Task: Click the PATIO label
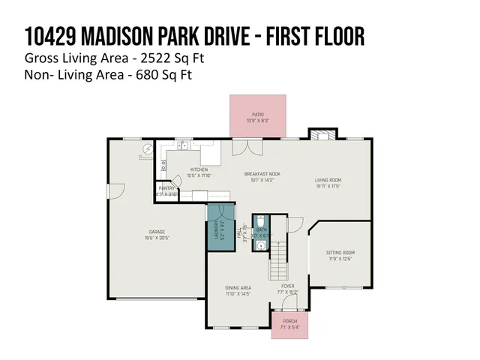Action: point(257,114)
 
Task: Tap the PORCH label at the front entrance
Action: point(289,321)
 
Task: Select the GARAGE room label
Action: point(156,232)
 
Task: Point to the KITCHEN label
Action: point(199,169)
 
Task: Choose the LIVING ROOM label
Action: point(328,180)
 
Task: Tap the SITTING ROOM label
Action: point(340,253)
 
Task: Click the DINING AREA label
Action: point(238,287)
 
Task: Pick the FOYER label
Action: point(287,286)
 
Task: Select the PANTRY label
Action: point(166,188)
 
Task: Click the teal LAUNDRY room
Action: point(217,226)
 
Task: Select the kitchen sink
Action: point(182,146)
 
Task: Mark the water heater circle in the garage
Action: point(148,150)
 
